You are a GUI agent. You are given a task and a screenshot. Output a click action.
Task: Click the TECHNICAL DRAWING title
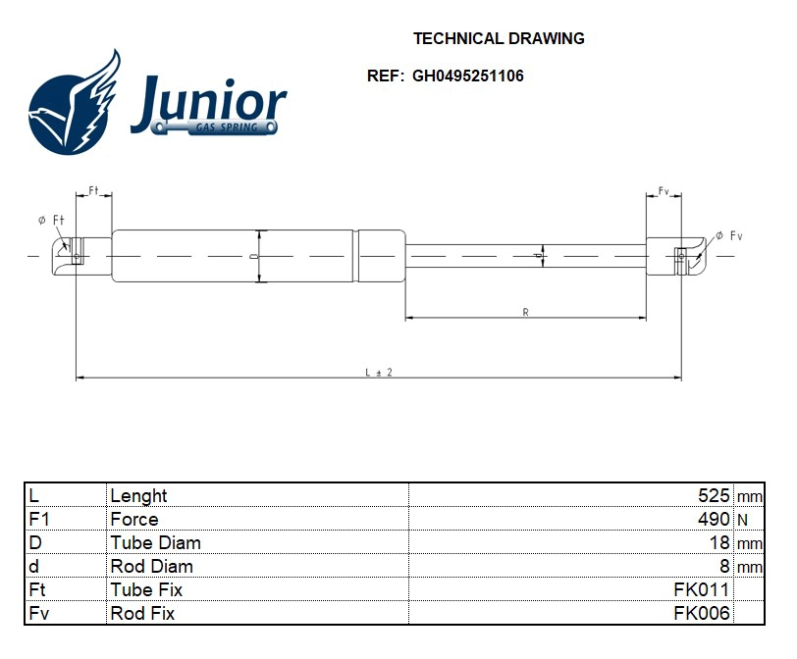point(499,39)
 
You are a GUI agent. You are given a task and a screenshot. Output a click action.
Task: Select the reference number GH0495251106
point(467,76)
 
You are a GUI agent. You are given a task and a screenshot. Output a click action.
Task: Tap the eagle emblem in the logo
point(75,104)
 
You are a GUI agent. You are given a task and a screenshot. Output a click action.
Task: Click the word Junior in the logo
point(208,102)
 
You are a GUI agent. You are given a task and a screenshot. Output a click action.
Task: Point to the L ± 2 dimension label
point(378,372)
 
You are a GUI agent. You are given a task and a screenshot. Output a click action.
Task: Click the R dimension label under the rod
point(526,312)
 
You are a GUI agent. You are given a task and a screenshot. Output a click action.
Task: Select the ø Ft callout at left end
point(51,221)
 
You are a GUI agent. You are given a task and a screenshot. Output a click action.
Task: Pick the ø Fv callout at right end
point(729,235)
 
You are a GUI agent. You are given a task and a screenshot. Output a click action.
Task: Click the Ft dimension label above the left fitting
point(95,190)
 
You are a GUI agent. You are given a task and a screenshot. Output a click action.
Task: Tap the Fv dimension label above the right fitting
point(664,192)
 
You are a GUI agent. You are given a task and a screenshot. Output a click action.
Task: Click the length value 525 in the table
point(714,496)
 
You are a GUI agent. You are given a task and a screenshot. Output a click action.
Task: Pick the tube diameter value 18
point(719,543)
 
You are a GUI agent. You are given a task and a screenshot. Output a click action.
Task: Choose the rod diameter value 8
point(724,567)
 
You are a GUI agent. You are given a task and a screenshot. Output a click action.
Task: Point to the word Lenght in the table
point(138,496)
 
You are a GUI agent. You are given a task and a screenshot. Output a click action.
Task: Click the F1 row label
point(39,520)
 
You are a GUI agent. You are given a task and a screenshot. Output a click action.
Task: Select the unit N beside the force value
point(741,520)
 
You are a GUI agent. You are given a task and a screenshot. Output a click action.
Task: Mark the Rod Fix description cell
point(142,614)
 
